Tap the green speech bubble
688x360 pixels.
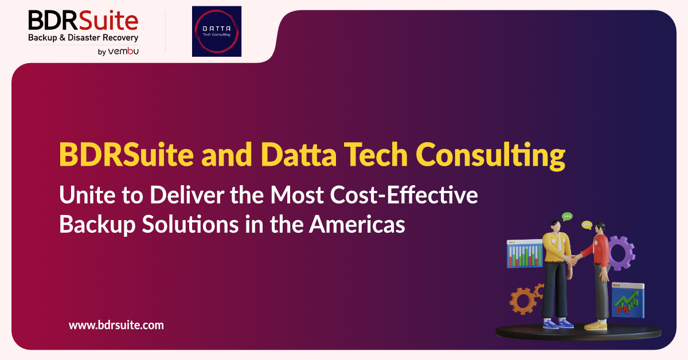[x=567, y=217]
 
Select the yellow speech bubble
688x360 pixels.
[x=587, y=225]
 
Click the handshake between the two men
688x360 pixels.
[x=572, y=259]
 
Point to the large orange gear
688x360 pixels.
[x=523, y=301]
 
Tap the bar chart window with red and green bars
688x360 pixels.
[x=525, y=254]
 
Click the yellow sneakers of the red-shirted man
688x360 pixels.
[x=596, y=325]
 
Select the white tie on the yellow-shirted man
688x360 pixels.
[x=560, y=242]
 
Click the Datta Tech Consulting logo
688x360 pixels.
[x=217, y=32]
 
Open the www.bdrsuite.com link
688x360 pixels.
[x=116, y=325]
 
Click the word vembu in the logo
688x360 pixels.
[x=123, y=51]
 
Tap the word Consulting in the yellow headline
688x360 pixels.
[x=490, y=155]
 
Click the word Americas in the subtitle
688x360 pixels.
[x=357, y=224]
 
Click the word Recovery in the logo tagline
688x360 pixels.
[x=120, y=38]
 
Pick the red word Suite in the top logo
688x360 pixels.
[x=108, y=20]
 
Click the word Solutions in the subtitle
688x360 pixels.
[x=190, y=224]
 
